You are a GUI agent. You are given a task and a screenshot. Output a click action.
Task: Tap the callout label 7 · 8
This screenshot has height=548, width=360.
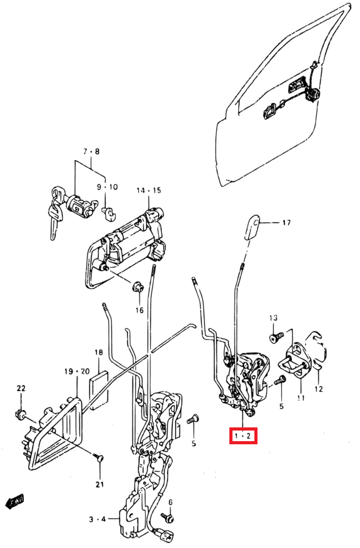point(92,152)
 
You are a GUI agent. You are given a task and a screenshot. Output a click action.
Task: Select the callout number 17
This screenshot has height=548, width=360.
point(286,222)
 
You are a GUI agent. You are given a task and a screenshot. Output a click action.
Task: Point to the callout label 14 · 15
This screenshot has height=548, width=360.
point(149,190)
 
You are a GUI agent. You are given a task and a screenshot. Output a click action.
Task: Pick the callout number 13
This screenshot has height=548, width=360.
point(272,319)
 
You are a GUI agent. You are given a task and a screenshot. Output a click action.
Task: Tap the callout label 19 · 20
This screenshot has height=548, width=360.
point(77,371)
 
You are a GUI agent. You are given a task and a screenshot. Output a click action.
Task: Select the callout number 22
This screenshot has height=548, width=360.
point(21,389)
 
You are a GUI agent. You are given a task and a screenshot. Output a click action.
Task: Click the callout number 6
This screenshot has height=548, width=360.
point(170,502)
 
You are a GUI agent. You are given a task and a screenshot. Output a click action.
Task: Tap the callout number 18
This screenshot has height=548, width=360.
point(99,353)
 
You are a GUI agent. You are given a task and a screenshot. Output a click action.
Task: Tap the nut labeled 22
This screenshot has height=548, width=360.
point(19,413)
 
